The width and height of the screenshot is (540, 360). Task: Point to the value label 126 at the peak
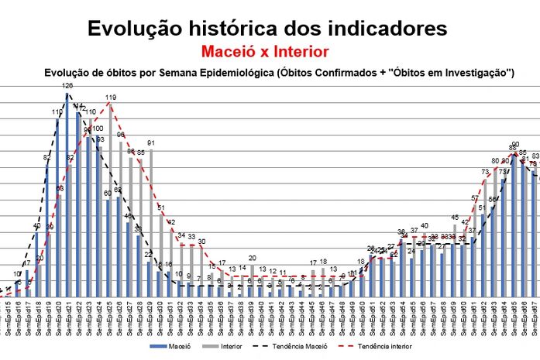68,86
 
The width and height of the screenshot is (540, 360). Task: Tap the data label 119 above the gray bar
111,98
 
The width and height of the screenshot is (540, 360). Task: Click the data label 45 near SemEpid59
456,218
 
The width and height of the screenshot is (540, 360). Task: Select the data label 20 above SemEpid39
253,258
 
